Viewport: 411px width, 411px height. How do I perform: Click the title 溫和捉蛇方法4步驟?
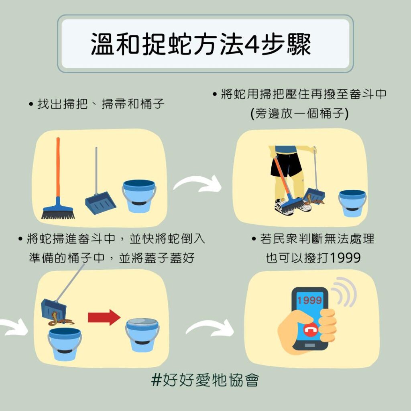201,44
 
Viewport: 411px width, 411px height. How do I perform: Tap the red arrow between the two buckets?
104,317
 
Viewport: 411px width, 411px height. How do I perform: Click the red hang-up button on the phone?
311,330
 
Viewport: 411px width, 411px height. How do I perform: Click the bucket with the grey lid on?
142,335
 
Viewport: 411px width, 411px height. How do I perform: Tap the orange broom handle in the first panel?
58,168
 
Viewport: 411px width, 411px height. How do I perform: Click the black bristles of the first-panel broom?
58,215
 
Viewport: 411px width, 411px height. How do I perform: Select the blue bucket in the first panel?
139,196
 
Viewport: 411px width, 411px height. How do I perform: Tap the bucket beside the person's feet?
352,203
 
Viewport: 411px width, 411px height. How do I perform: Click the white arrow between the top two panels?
197,183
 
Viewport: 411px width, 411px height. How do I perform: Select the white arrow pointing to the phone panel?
210,328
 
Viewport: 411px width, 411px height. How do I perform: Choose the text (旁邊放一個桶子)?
299,114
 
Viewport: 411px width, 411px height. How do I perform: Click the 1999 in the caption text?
345,258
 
